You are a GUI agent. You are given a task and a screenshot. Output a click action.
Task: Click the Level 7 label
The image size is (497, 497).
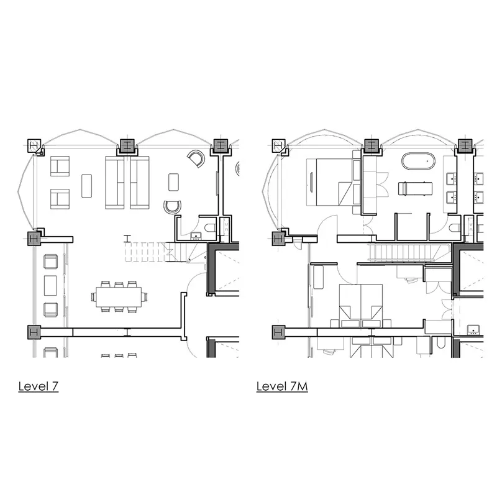(39, 386)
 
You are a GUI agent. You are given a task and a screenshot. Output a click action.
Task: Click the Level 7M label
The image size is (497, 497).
(282, 386)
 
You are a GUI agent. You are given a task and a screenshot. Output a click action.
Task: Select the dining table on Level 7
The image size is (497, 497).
(119, 297)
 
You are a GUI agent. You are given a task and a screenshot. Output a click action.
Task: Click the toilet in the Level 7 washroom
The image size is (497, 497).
(210, 228)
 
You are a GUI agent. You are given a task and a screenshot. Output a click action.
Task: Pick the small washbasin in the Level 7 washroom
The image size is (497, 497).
(196, 236)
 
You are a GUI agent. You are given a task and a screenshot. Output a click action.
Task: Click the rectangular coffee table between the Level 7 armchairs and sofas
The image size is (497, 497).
(86, 186)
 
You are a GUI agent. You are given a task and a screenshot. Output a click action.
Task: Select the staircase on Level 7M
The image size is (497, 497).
(409, 252)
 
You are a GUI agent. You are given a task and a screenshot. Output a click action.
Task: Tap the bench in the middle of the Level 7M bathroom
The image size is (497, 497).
(415, 188)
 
